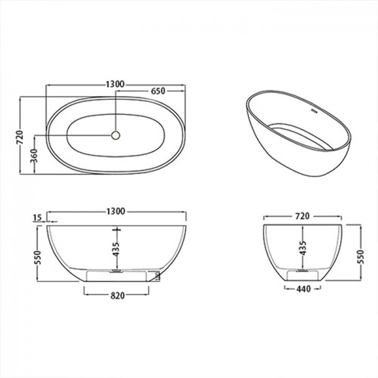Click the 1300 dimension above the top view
coord(115,84)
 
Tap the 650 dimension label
coord(158,91)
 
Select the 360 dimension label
coord(33,156)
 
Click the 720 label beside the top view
coord(20,138)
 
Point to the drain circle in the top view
coord(116,135)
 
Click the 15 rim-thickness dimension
coord(37,218)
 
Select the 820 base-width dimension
coord(118,296)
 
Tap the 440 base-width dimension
coord(303,289)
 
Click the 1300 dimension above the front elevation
coord(116,211)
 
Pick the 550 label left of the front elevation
coord(37,257)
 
